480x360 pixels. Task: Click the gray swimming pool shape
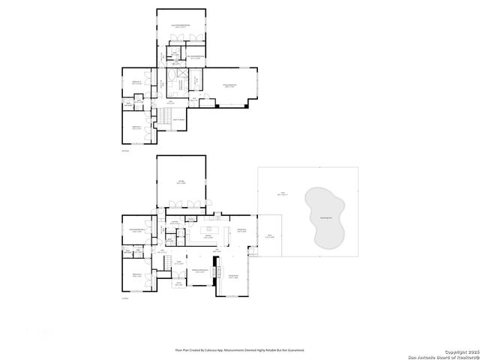(x=323, y=218)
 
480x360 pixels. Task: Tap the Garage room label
(x=181, y=181)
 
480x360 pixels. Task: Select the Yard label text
(x=283, y=193)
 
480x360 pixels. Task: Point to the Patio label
(x=271, y=237)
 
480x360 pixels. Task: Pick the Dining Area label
(x=241, y=230)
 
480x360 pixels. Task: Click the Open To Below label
(x=180, y=119)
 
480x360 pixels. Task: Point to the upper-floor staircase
(x=163, y=118)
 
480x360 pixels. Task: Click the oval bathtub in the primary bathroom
(x=173, y=77)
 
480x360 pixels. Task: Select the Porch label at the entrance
(x=179, y=284)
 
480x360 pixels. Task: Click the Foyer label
(x=179, y=263)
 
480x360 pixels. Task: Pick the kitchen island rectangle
(x=213, y=227)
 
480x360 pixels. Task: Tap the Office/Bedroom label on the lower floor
(x=137, y=231)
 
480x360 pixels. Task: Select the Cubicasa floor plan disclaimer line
(x=239, y=349)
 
